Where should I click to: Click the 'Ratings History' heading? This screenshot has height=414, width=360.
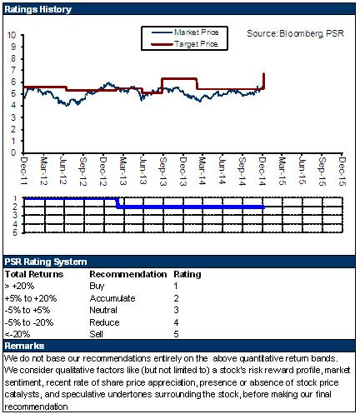pyautogui.click(x=38, y=9)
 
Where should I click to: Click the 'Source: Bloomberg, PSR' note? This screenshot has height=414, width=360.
pyautogui.click(x=295, y=33)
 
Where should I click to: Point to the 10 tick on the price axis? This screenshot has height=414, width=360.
pyautogui.click(x=12, y=35)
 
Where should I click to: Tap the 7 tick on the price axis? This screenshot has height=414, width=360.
pyautogui.click(x=13, y=70)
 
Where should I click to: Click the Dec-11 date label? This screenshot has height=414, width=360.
pyautogui.click(x=24, y=171)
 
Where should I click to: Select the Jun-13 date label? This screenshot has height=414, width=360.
pyautogui.click(x=143, y=171)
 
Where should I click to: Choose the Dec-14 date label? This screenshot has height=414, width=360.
pyautogui.click(x=262, y=172)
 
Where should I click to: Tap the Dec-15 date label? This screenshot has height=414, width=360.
pyautogui.click(x=342, y=172)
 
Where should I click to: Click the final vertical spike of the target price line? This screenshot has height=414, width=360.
pyautogui.click(x=263, y=81)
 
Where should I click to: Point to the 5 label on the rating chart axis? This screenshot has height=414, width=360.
pyautogui.click(x=15, y=232)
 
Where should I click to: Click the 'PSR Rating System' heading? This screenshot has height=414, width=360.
pyautogui.click(x=46, y=262)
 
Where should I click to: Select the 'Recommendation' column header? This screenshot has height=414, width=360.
pyautogui.click(x=128, y=274)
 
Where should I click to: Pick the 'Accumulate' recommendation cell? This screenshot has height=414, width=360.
pyautogui.click(x=112, y=298)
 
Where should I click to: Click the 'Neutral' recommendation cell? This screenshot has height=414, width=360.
pyautogui.click(x=103, y=310)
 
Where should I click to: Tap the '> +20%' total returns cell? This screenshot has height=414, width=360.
pyautogui.click(x=19, y=286)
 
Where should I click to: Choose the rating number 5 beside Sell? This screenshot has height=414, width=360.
pyautogui.click(x=176, y=334)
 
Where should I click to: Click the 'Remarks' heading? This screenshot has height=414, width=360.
pyautogui.click(x=24, y=346)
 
